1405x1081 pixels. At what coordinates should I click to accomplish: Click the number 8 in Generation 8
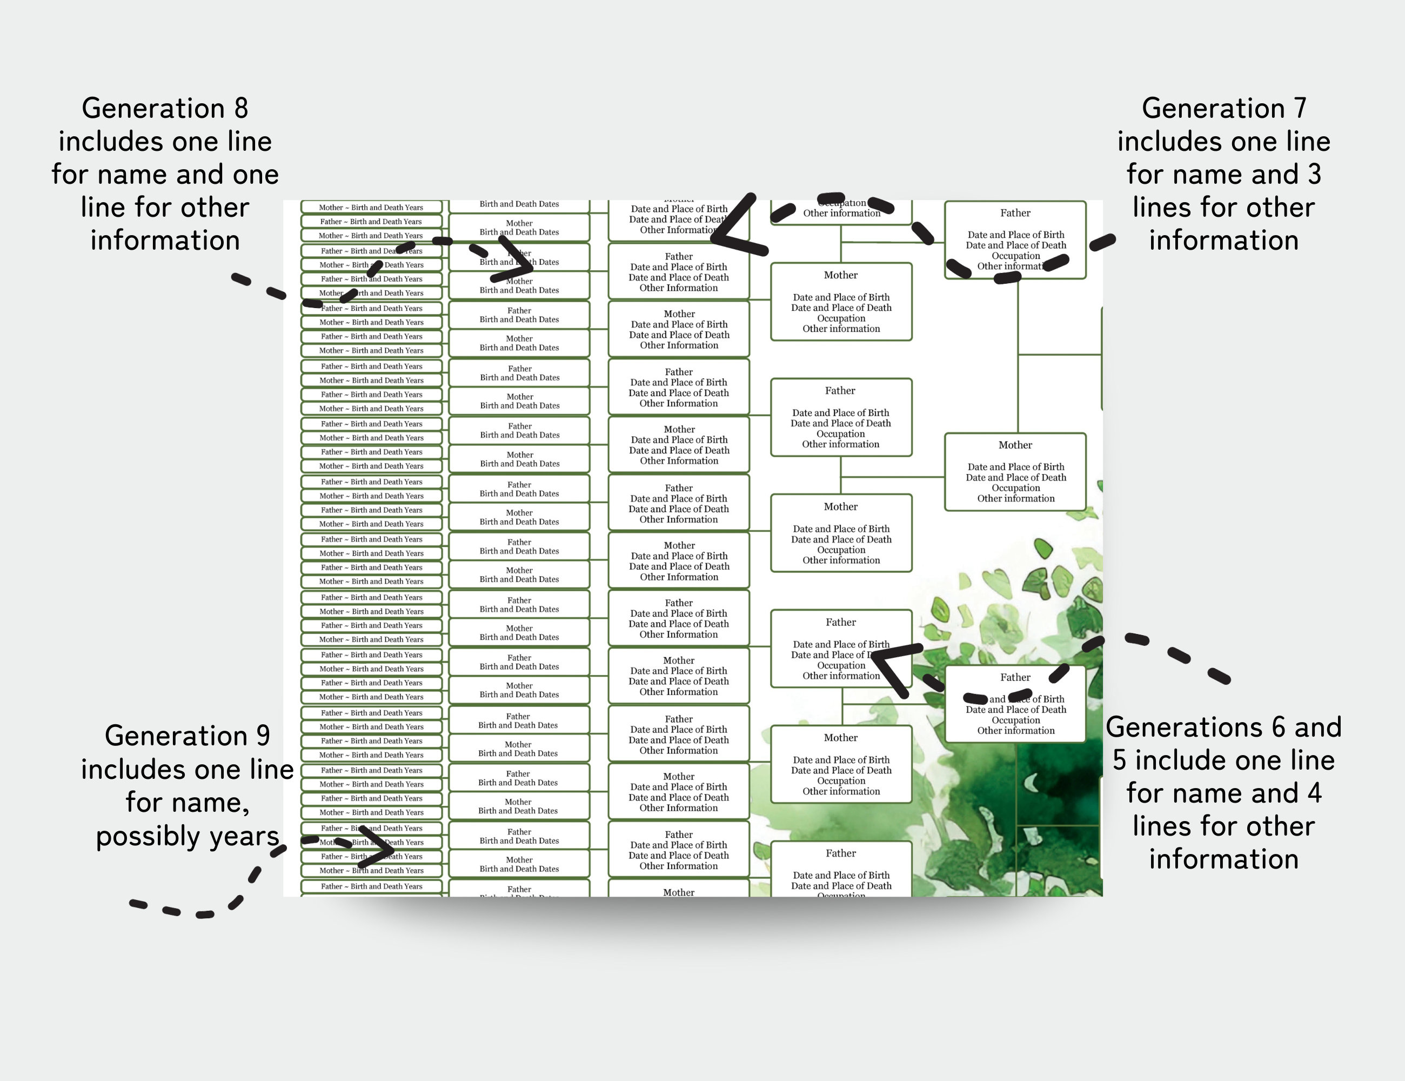[240, 108]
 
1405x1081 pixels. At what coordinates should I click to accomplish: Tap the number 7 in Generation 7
[1300, 108]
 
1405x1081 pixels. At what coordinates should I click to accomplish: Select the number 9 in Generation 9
[263, 736]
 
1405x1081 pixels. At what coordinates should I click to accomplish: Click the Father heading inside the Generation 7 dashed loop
[1015, 213]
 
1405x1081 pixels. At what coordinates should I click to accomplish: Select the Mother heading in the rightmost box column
[1015, 445]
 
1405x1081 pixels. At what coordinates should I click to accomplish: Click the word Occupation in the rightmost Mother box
[1015, 488]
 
